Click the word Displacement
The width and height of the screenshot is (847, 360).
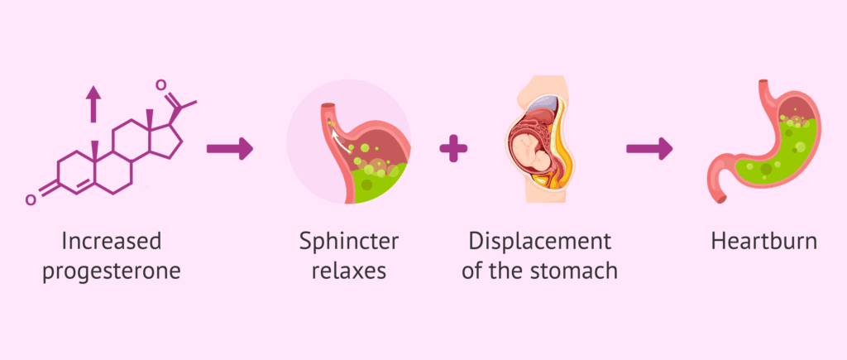pos(539,242)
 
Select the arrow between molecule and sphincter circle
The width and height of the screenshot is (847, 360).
pos(229,150)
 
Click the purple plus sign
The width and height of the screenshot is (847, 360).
pos(453,150)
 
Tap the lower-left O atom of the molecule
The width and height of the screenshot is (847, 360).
pos(31,199)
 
